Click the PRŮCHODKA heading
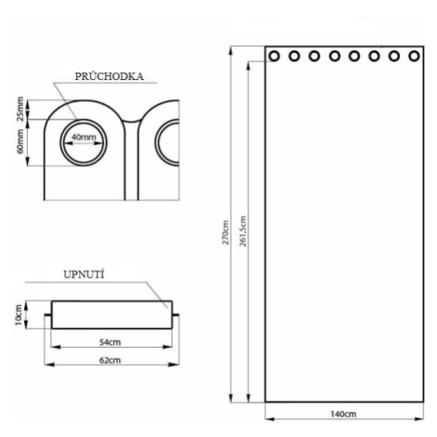tap(109, 76)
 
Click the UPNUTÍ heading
tap(84, 274)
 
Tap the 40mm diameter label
tap(84, 137)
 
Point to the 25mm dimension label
tap(20, 109)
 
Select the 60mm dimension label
tap(20, 141)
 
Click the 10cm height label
tap(19, 315)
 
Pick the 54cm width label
tap(110, 342)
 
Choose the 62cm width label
tap(110, 360)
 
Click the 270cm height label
tap(225, 232)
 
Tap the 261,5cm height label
tap(244, 232)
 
